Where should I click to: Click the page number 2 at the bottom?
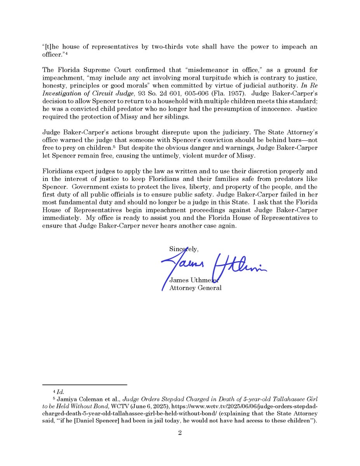pyautogui.click(x=180, y=433)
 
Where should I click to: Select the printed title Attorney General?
pyautogui.click(x=196, y=288)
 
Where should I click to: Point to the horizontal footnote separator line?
pyautogui.click(x=85, y=384)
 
